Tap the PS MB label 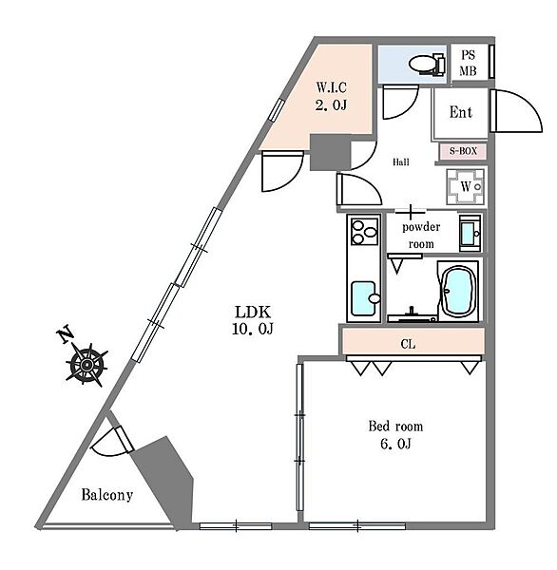click(x=468, y=63)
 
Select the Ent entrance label click(x=461, y=112)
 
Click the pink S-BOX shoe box click(x=463, y=151)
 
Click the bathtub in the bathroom click(x=458, y=291)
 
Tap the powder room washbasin click(x=471, y=233)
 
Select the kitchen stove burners click(x=364, y=231)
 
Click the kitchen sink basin click(x=365, y=298)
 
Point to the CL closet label click(x=408, y=344)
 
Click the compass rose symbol click(x=86, y=365)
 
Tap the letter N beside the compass click(x=66, y=336)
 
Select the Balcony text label click(x=107, y=495)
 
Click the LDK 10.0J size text click(x=253, y=321)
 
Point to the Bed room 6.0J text click(x=395, y=435)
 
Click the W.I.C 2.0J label click(x=331, y=96)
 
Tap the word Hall click(x=400, y=162)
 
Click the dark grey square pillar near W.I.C click(x=331, y=152)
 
